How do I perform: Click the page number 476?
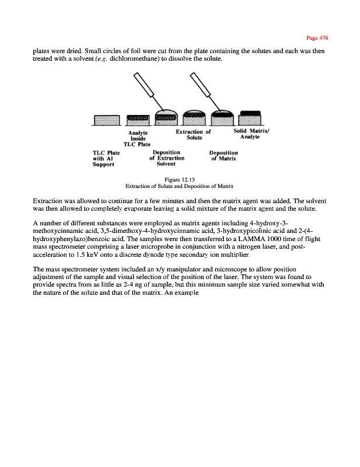320,38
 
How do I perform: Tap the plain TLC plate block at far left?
106,120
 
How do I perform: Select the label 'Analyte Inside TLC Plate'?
138,138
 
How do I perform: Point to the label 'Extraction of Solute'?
193,135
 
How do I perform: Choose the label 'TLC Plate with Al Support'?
106,158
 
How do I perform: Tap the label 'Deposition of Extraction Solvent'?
166,158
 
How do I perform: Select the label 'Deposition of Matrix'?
223,156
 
